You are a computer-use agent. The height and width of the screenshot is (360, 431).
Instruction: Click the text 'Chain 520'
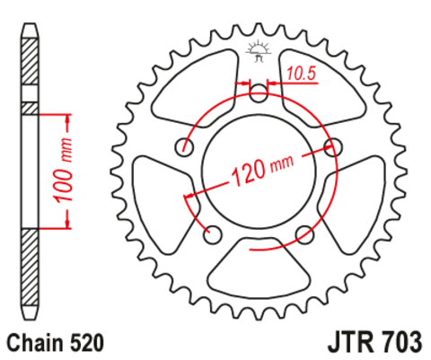click(56, 342)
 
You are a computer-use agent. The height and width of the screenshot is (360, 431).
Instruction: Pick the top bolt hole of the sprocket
click(259, 91)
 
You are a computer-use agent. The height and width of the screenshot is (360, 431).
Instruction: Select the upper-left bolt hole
click(186, 145)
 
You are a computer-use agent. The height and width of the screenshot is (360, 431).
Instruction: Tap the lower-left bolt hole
click(214, 233)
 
